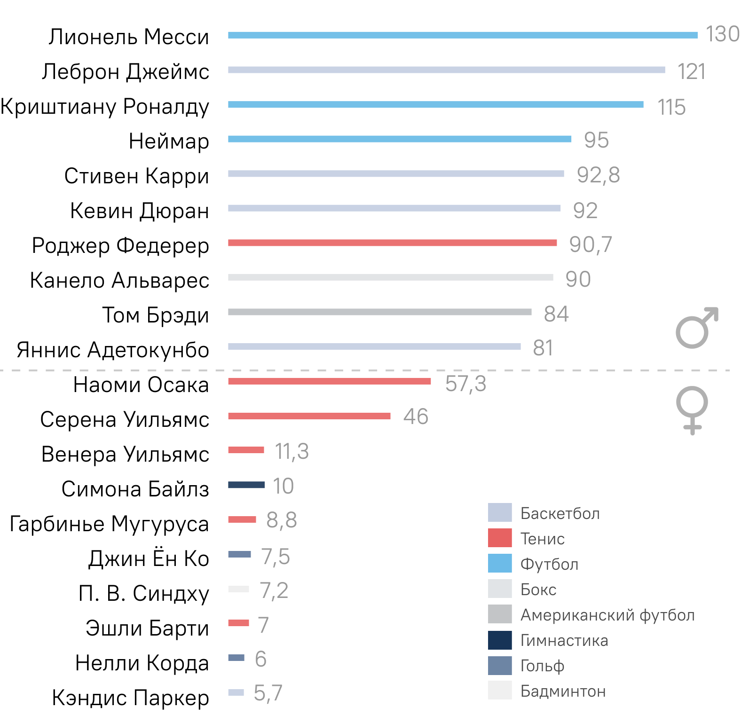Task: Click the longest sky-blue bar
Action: pos(463,35)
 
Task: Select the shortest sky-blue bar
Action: pos(400,139)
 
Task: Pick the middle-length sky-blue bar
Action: pos(435,105)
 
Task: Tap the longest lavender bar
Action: pos(446,70)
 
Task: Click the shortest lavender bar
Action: pos(236,692)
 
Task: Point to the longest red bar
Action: pos(392,243)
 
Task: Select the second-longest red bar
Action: pos(329,381)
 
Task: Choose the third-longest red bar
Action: pos(309,416)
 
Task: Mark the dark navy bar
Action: pos(246,485)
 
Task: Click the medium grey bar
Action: pos(379,312)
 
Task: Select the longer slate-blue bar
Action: pos(239,554)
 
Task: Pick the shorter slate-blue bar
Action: pos(236,658)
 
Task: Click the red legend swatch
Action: pos(500,538)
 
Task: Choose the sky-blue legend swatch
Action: pos(500,563)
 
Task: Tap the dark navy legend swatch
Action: pos(500,640)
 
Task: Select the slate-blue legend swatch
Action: pos(500,666)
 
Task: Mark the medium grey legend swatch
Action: pos(500,614)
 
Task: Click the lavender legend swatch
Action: pos(500,512)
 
